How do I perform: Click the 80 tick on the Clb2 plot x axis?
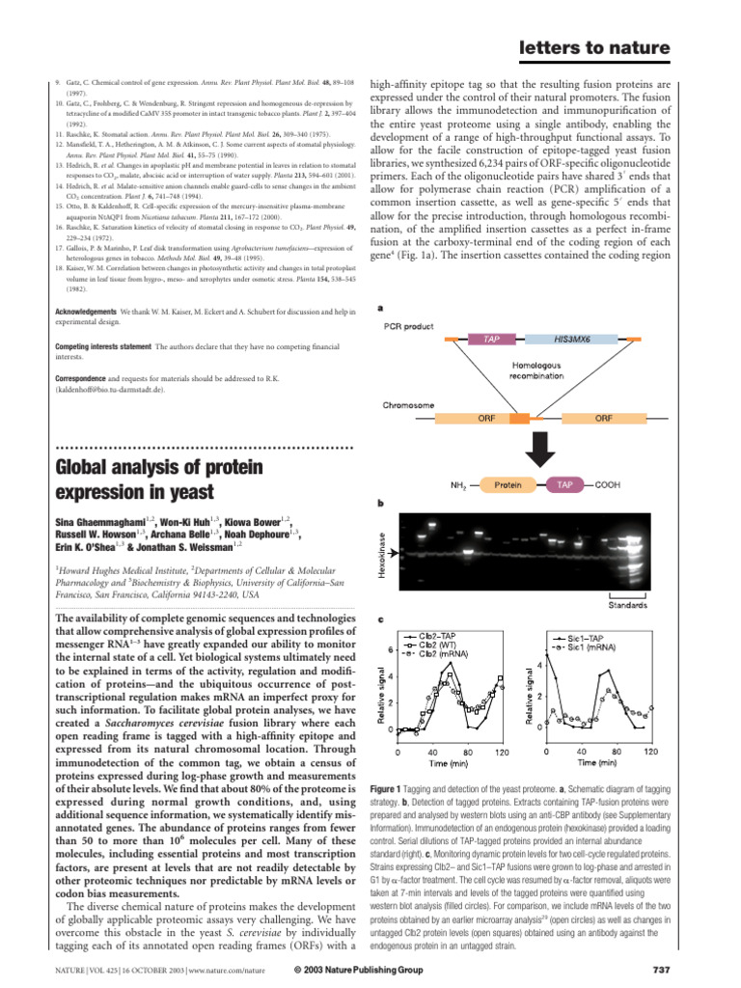click(x=467, y=751)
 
